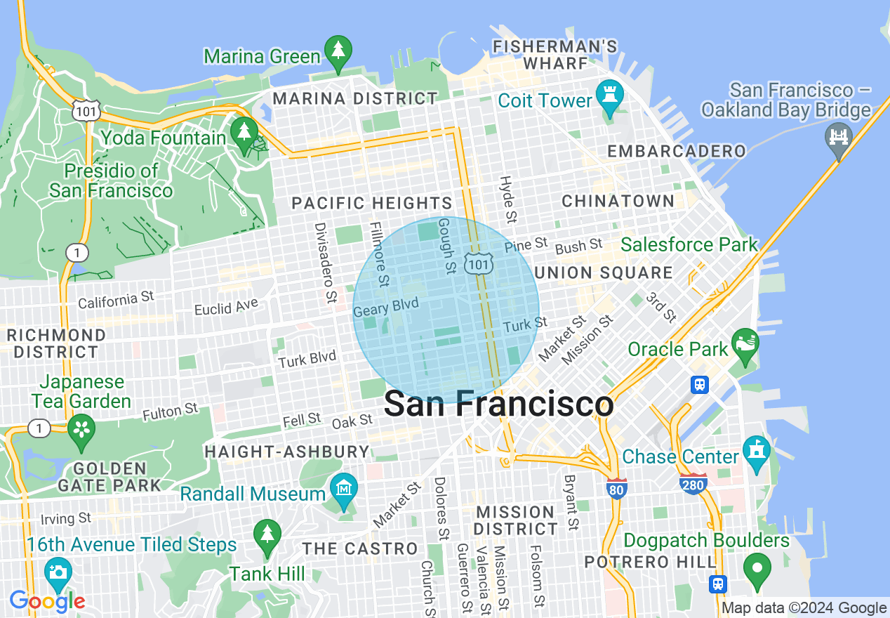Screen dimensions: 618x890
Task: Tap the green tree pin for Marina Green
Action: tap(339, 53)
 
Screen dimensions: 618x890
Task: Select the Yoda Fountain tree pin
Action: tap(244, 133)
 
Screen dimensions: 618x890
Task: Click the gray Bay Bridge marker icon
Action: tap(839, 136)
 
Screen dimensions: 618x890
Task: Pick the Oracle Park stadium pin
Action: tap(744, 344)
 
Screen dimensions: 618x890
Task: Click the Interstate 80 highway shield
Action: tap(616, 489)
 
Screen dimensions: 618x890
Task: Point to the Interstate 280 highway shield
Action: tap(693, 483)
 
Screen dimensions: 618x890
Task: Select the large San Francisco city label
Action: tap(498, 405)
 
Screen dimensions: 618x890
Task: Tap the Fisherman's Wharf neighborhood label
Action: tap(554, 55)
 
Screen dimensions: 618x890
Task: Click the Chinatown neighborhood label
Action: tap(618, 202)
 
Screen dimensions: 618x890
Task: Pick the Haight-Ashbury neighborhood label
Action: tap(286, 451)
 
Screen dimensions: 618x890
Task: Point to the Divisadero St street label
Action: tap(325, 263)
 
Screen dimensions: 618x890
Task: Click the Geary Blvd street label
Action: tap(386, 307)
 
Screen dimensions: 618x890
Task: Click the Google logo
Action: tap(47, 601)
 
